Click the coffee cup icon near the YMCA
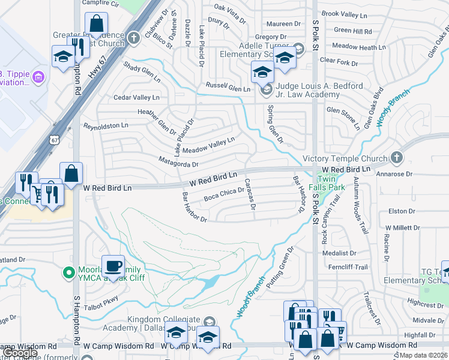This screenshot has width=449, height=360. [113, 265]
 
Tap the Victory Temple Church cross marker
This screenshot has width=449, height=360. [396, 158]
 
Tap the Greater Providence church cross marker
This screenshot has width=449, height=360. [133, 37]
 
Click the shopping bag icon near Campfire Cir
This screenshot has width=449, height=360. [96, 24]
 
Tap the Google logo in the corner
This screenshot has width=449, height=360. [20, 353]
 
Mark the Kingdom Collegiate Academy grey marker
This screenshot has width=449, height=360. [208, 320]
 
